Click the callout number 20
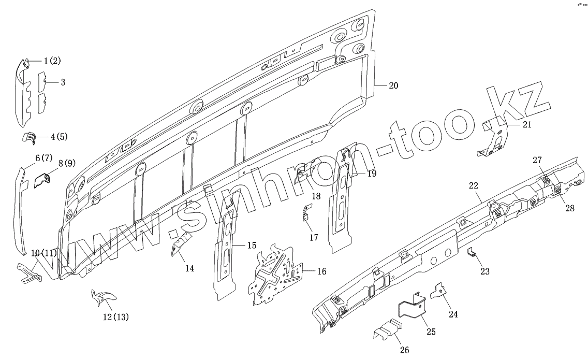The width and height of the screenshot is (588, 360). pos(393,86)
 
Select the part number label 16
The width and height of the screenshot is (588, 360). pos(322,271)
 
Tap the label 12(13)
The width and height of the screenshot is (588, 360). pos(115,317)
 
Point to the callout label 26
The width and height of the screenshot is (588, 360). pos(405,350)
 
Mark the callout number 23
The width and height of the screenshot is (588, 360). pos(484,271)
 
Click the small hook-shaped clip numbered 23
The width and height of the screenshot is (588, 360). pos(472,252)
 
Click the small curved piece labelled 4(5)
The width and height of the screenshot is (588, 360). pos(30,137)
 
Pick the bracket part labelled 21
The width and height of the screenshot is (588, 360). pos(496,137)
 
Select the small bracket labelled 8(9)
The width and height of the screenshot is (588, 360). pos(42,180)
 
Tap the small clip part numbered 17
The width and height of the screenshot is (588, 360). pos(306,213)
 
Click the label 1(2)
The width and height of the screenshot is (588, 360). pos(52,61)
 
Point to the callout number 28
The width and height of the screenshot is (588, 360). pos(570,209)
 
